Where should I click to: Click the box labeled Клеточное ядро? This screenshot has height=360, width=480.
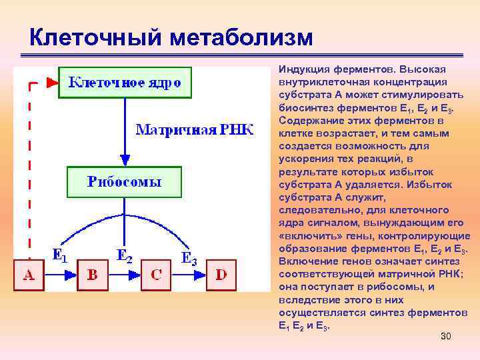click(x=125, y=83)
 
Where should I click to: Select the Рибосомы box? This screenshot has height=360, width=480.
click(x=125, y=181)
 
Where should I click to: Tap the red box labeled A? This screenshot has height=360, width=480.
click(x=29, y=275)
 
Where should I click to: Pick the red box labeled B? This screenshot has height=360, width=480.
click(x=92, y=275)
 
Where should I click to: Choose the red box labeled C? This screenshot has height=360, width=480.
click(x=156, y=275)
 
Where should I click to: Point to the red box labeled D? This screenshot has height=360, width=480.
click(x=221, y=275)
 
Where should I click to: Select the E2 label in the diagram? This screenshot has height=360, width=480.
click(x=125, y=255)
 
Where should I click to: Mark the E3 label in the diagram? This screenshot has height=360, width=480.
click(x=189, y=257)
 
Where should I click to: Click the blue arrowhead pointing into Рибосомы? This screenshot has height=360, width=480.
click(x=125, y=160)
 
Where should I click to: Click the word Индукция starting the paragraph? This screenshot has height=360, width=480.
click(x=302, y=69)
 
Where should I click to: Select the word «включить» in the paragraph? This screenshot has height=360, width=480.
click(x=306, y=237)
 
